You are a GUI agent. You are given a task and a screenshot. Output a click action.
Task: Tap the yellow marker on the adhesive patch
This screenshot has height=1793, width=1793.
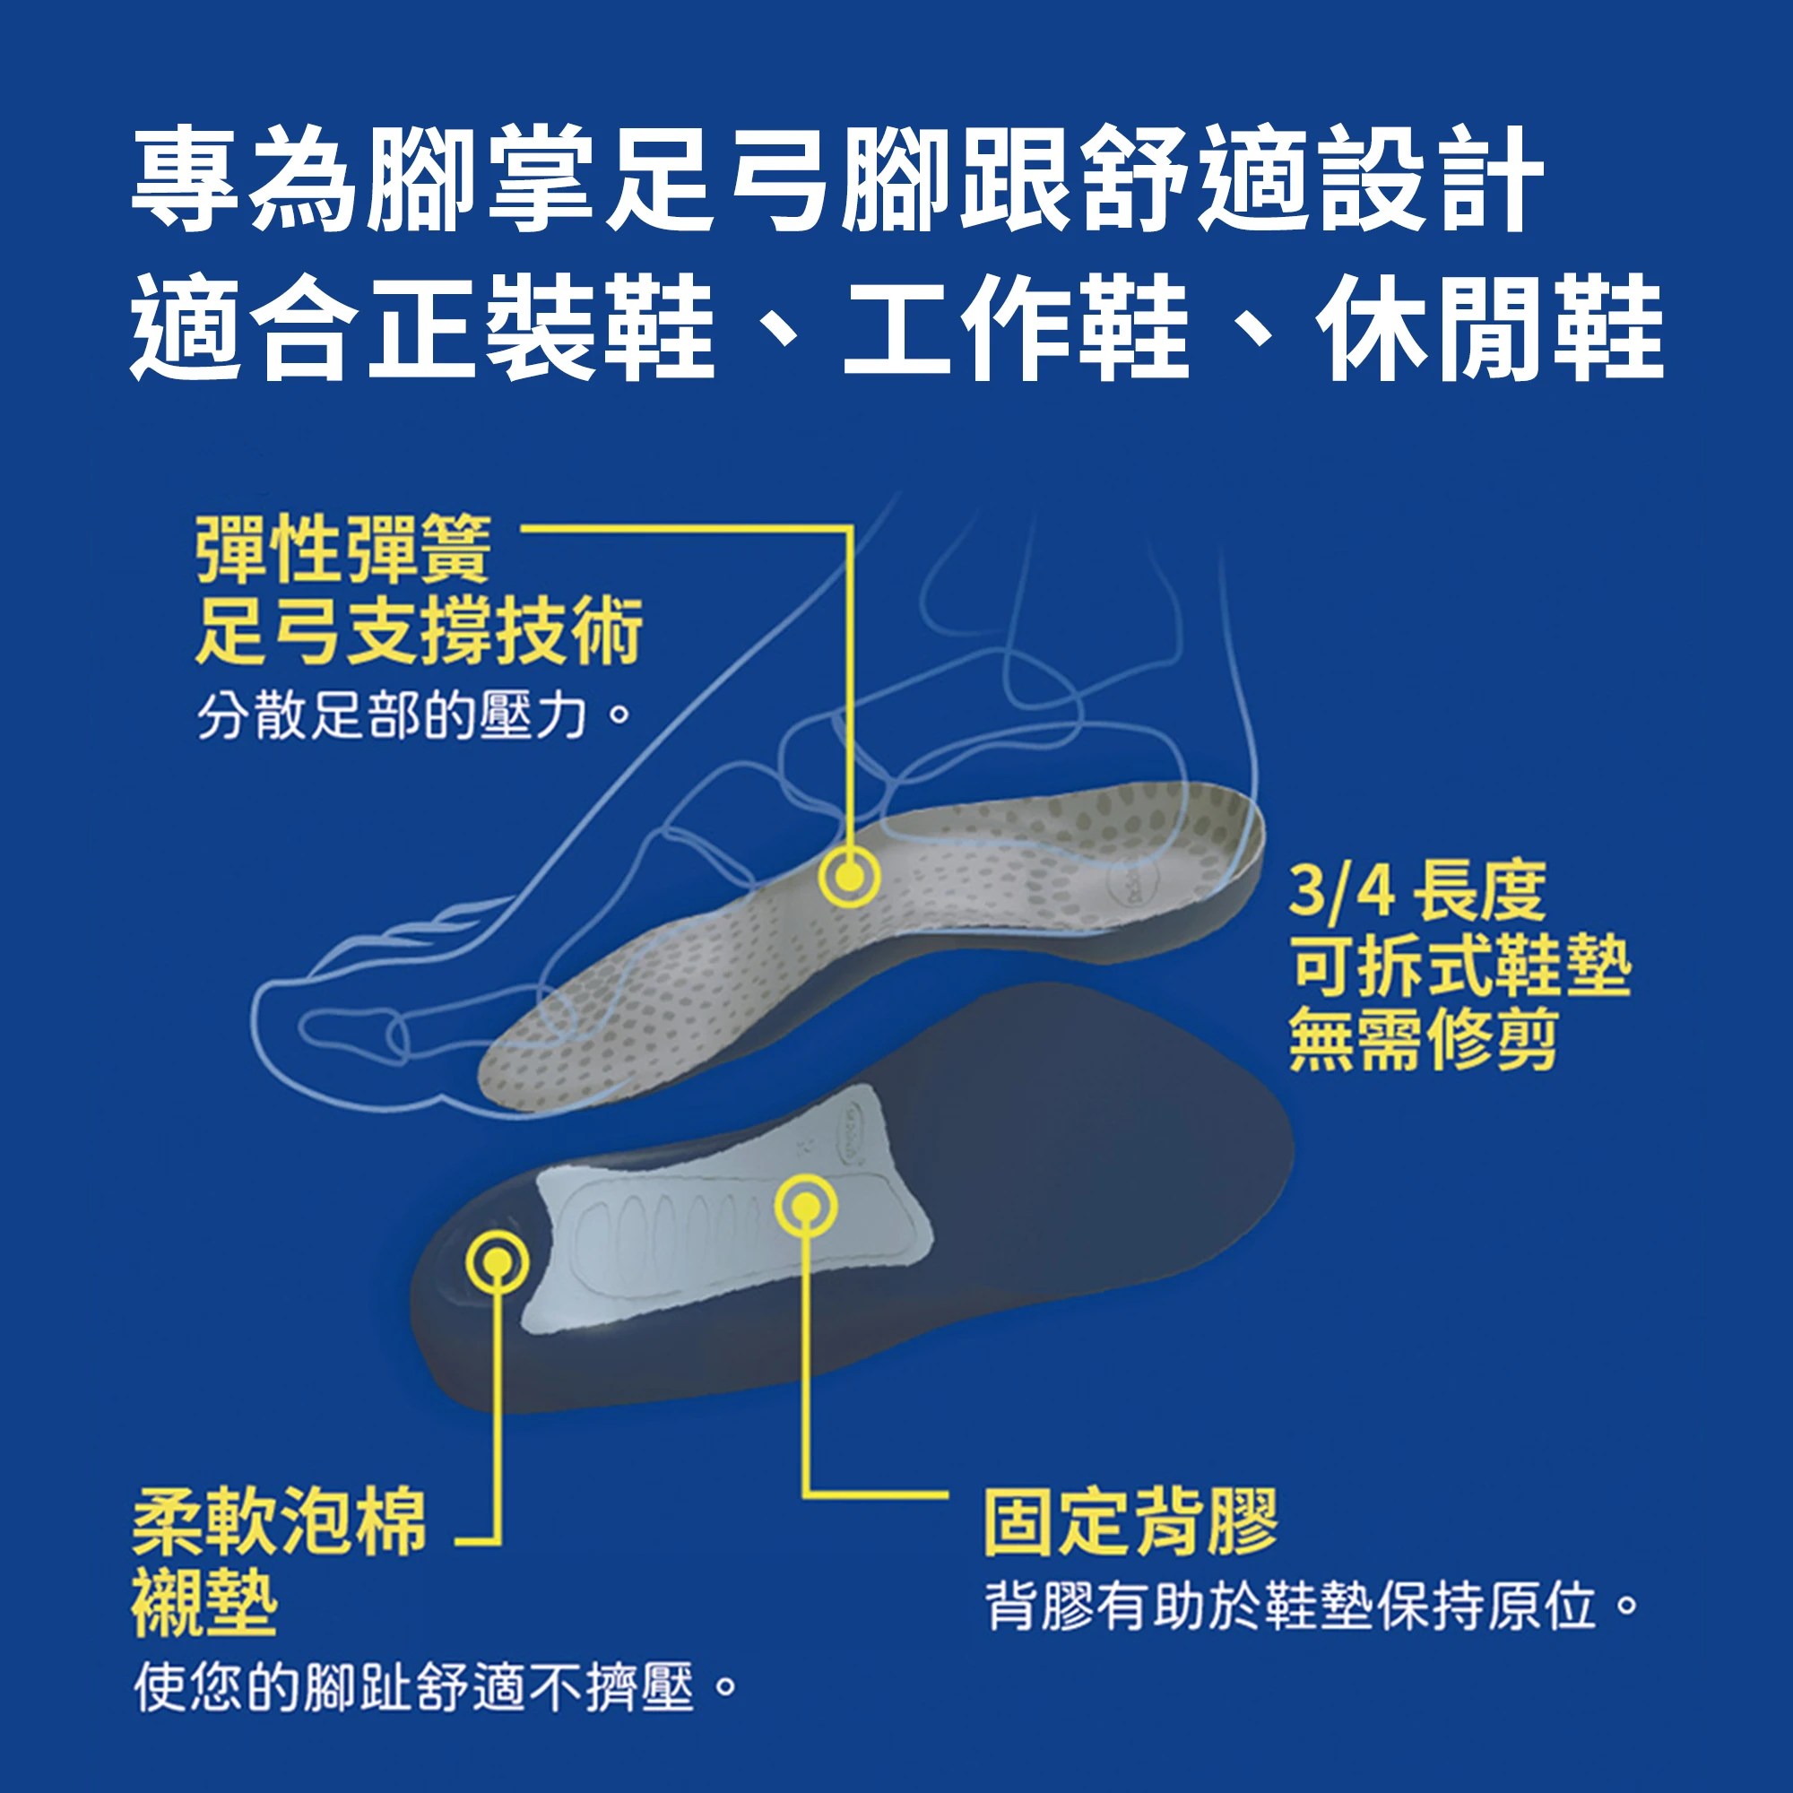point(806,1207)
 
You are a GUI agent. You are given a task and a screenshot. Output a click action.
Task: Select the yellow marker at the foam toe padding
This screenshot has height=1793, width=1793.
point(498,1263)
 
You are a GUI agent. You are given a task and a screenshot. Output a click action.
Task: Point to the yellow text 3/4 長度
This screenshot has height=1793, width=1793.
point(1417,890)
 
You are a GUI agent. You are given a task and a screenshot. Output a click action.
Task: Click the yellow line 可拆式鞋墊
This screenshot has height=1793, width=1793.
point(1460,966)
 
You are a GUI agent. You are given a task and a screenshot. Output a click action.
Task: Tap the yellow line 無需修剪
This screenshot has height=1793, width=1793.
point(1424,1039)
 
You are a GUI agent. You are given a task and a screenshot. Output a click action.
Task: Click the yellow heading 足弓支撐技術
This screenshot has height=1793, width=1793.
point(419,631)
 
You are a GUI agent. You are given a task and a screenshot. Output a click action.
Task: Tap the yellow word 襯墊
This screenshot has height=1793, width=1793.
point(204,1604)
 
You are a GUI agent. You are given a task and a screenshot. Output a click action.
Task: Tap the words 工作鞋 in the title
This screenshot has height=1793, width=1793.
point(1017,327)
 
